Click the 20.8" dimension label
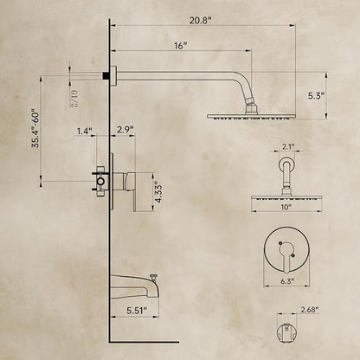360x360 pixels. pos(201,21)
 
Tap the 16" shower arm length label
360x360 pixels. pos(181,46)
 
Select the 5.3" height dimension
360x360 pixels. pos(317,96)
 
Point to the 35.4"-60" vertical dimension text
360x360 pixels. pos(36,128)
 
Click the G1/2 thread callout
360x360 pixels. pos(74,99)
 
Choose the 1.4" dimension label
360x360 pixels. pos(84,131)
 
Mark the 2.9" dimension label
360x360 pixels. pos(125,129)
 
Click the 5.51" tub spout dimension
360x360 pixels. pos(137,311)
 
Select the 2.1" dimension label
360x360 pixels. pos(287,147)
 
